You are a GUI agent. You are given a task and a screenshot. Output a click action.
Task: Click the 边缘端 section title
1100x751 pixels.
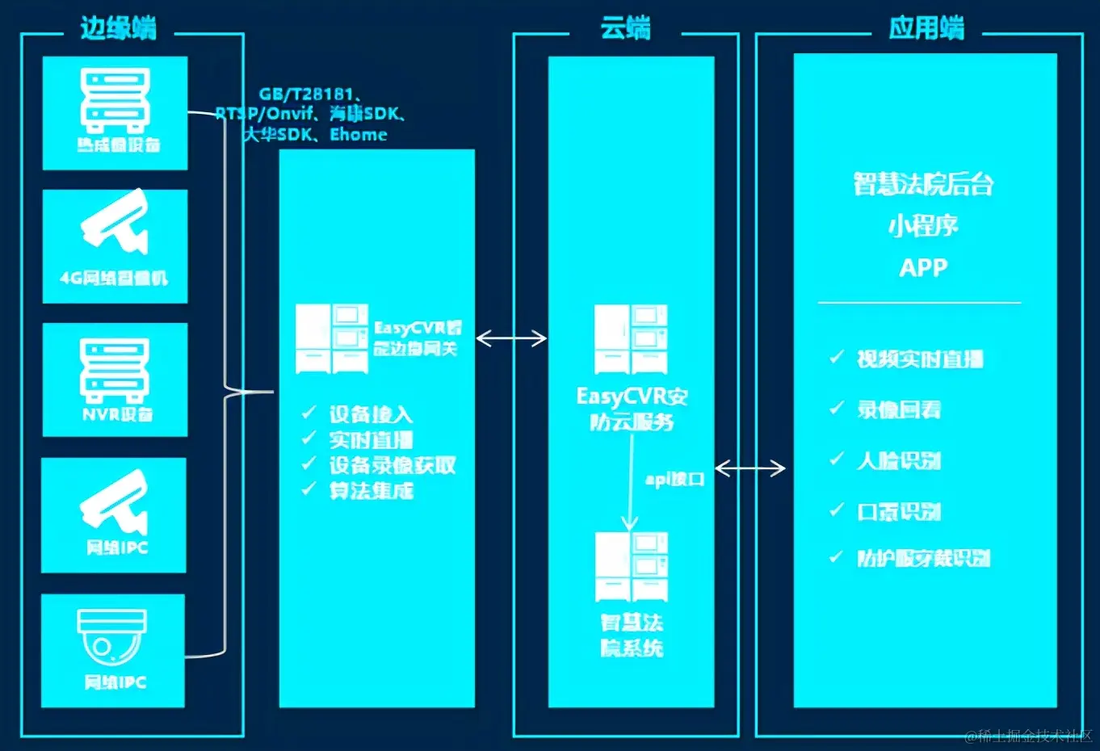click(x=118, y=28)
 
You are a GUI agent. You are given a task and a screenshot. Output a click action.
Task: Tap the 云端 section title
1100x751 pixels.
click(x=625, y=28)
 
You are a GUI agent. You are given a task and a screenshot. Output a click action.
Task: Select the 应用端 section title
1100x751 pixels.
click(x=926, y=28)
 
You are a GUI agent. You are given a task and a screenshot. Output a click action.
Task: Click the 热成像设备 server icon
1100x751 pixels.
click(x=115, y=100)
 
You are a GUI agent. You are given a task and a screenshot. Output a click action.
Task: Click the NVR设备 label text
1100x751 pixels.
click(x=117, y=414)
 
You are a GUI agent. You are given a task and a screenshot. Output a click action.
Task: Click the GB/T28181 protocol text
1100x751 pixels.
click(x=307, y=94)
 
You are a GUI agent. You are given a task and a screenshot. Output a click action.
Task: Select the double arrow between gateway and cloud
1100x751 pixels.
click(x=510, y=338)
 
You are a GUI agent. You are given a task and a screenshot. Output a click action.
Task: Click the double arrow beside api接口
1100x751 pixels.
click(x=749, y=468)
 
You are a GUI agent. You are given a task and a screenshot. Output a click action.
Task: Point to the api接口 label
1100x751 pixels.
click(x=674, y=479)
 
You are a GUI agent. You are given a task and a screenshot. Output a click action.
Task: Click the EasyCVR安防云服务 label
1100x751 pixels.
click(x=632, y=409)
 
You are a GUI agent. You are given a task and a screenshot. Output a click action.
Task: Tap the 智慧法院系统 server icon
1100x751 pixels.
click(x=631, y=566)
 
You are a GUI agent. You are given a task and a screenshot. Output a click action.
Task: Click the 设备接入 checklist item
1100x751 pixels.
click(x=371, y=415)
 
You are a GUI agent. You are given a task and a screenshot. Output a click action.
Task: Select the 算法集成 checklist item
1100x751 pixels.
click(x=371, y=490)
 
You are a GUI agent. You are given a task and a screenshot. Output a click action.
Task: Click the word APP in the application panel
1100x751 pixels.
click(x=923, y=267)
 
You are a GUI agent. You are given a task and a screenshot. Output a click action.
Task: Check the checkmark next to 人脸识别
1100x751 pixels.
click(x=837, y=459)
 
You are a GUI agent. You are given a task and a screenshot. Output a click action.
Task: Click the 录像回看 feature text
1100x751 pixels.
click(x=898, y=409)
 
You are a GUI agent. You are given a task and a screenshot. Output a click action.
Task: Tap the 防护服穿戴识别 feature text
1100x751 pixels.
click(x=922, y=558)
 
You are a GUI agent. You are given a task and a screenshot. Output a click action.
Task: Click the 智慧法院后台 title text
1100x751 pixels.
click(x=923, y=185)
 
